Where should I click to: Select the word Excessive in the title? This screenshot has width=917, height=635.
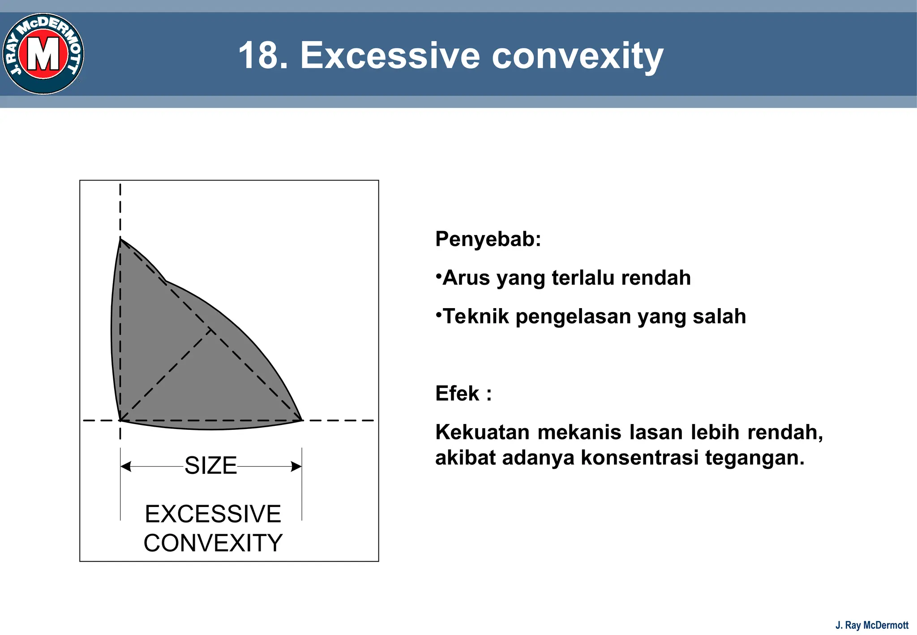coord(390,56)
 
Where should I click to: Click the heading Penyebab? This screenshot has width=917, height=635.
coord(488,239)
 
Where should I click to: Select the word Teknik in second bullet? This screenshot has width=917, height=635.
coord(476,317)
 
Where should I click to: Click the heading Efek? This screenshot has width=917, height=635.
coord(458,394)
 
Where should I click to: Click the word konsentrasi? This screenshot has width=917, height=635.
coord(639,458)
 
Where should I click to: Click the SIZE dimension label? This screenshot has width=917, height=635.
coord(210,466)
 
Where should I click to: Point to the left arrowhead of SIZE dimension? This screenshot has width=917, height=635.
coord(126,467)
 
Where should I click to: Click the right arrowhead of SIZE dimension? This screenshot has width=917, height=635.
coord(296,467)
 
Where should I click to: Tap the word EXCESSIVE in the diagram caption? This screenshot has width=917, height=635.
coord(213,514)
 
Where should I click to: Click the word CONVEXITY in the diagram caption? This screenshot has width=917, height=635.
coord(213,543)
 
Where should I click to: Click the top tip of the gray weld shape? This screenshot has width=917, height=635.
coord(120,240)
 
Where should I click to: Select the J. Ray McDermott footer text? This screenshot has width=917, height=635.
coord(872,625)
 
